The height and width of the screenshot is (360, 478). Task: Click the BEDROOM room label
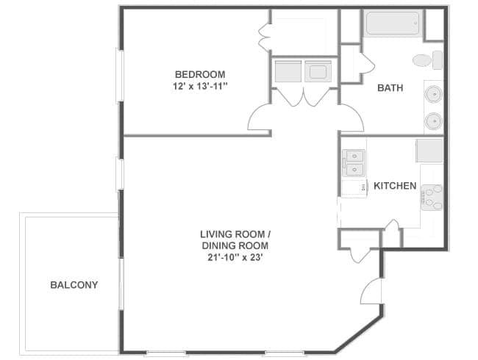(x=200, y=74)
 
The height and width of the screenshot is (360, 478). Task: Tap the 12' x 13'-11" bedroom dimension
(x=200, y=87)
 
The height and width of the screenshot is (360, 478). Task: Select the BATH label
(x=390, y=87)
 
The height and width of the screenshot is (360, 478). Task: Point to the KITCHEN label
(x=395, y=186)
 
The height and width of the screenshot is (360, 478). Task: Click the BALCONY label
(x=74, y=285)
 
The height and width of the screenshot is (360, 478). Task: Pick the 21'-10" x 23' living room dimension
(x=235, y=258)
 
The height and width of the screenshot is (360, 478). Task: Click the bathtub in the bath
(x=393, y=24)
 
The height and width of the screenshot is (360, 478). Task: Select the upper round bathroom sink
(x=433, y=94)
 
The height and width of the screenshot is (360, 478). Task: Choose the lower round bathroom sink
(x=433, y=121)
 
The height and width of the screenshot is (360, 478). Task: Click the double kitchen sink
(x=354, y=163)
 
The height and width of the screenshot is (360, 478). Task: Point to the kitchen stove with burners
(x=432, y=198)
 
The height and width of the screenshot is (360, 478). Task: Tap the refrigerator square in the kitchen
(x=429, y=151)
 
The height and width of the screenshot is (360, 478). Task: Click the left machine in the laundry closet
(x=288, y=71)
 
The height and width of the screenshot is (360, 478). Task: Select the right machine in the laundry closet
(x=318, y=71)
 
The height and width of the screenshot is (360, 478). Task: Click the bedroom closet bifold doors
(x=264, y=37)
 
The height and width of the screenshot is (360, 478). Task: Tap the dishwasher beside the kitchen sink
(x=354, y=188)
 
